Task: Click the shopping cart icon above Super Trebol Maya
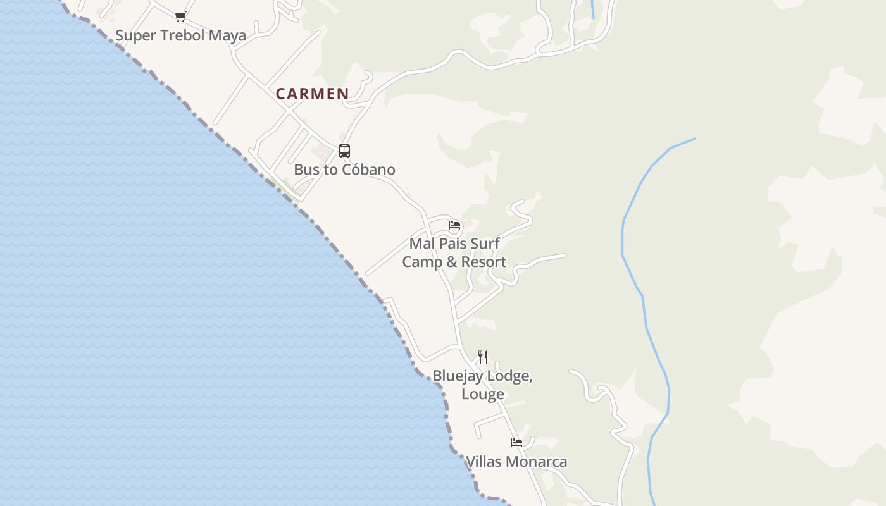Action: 180,17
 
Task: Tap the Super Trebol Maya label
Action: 180,35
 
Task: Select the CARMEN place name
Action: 312,94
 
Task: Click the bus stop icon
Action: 344,151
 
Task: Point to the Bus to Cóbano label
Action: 344,170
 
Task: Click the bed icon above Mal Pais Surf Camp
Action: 454,225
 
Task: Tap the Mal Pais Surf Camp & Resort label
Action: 454,252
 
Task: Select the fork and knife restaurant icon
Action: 483,357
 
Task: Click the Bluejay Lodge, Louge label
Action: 482,385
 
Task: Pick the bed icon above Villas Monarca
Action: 516,443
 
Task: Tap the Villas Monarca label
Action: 516,462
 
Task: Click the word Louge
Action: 482,394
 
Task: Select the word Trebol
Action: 184,35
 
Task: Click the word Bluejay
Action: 456,376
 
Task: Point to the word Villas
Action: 485,462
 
